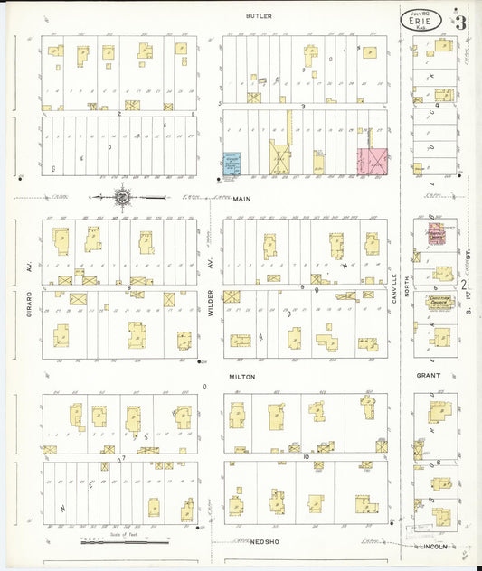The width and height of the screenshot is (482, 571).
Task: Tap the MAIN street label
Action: [x=241, y=198]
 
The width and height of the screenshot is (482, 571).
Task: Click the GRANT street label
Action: [x=428, y=375]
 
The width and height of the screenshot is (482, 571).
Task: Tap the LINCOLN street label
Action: [x=433, y=546]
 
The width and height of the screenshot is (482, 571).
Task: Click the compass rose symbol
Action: [x=121, y=196]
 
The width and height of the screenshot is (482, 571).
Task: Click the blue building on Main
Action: [x=232, y=164]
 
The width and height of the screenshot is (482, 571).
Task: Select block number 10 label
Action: [x=307, y=457]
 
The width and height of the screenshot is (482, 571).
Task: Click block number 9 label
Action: [x=304, y=286]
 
